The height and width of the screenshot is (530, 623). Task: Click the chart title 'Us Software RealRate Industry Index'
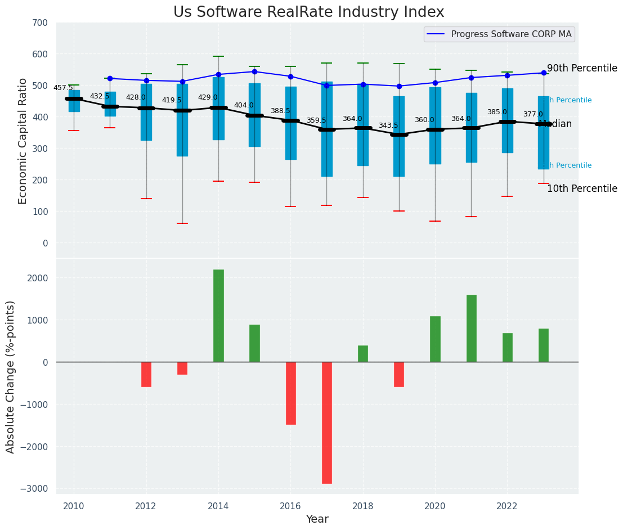pos(308,12)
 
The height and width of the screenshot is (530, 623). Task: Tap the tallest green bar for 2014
pos(218,316)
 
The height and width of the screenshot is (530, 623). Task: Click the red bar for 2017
pos(327,423)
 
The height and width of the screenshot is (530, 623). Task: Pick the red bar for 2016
pos(290,393)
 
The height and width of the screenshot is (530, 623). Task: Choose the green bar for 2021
pos(472,328)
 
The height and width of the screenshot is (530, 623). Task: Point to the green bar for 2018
pos(363,353)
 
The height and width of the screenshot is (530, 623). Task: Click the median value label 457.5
pos(63,88)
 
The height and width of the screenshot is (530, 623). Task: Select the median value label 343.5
pos(388,125)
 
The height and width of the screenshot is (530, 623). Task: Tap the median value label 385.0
pos(497,112)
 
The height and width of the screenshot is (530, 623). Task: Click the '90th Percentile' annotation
pos(582,68)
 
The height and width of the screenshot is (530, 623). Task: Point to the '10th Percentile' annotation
pos(582,188)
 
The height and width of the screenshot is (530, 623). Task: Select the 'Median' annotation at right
pos(555,124)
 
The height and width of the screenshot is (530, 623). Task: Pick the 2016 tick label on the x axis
pos(290,506)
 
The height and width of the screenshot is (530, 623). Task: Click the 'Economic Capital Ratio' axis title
pos(23,141)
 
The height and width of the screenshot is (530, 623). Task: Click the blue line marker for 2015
pos(254,71)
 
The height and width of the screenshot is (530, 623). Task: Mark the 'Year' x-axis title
pos(317,519)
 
